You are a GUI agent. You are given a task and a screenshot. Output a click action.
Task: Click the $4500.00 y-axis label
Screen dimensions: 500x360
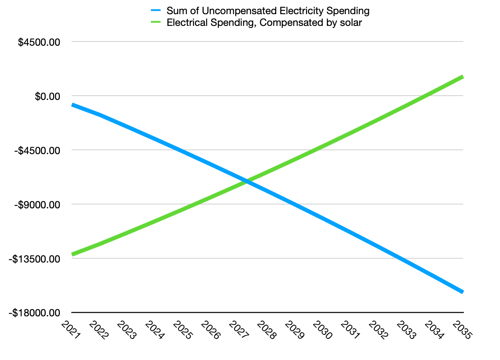click(39, 42)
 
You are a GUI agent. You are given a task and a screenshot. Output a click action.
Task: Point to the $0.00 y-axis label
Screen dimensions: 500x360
click(47, 96)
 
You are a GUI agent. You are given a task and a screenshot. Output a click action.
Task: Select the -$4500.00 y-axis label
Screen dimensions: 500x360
click(37, 150)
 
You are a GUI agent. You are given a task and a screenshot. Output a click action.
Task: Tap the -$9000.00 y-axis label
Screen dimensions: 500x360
click(37, 205)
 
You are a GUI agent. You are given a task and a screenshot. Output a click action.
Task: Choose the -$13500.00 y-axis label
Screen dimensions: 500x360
click(34, 259)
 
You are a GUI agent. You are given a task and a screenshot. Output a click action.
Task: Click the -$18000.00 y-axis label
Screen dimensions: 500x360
click(34, 313)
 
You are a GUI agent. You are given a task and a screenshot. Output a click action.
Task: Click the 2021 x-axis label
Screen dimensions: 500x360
click(70, 330)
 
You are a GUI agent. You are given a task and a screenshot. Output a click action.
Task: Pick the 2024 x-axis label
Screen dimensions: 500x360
click(155, 330)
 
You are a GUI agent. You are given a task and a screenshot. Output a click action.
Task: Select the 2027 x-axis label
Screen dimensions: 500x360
click(239, 330)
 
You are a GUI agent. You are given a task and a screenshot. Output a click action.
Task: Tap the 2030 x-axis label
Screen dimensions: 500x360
click(322, 330)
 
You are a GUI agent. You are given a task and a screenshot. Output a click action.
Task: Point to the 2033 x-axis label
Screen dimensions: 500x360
click(406, 330)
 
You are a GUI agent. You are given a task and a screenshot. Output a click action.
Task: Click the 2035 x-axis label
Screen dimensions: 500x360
click(462, 330)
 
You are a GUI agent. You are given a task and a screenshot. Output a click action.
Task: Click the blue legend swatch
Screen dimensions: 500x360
click(156, 10)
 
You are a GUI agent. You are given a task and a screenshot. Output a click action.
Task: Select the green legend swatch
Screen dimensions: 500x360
click(156, 22)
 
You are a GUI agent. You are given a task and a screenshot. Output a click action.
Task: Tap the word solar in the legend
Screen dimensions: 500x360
click(351, 23)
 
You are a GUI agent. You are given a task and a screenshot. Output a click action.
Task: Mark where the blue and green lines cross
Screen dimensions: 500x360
click(247, 182)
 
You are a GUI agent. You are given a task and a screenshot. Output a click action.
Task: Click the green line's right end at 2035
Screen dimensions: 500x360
click(463, 77)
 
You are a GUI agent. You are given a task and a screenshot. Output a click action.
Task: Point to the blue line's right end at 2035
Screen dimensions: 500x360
click(463, 292)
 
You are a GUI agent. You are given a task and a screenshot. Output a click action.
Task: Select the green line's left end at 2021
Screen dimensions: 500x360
click(72, 254)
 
